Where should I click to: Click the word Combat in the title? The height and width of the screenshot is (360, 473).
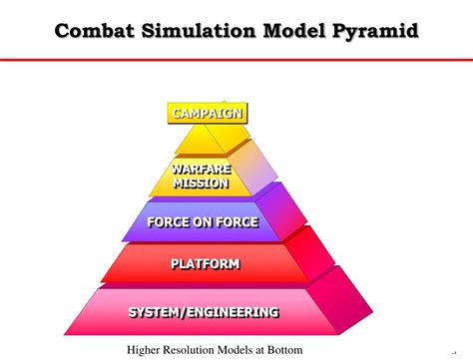[95, 31]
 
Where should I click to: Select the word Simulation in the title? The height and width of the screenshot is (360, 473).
[199, 31]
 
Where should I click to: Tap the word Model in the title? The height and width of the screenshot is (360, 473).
[294, 31]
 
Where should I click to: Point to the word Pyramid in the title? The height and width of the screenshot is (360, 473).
[375, 32]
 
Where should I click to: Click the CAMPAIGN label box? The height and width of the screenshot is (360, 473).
[208, 114]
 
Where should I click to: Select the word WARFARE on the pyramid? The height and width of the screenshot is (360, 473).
[202, 170]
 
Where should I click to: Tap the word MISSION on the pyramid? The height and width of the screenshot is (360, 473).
[202, 183]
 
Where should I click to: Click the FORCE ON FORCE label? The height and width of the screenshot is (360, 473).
[203, 222]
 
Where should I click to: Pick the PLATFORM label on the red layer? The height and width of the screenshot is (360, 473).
[206, 264]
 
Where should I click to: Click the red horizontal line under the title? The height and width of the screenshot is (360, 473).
[236, 60]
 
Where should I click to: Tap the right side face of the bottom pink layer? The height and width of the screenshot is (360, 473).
[341, 301]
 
